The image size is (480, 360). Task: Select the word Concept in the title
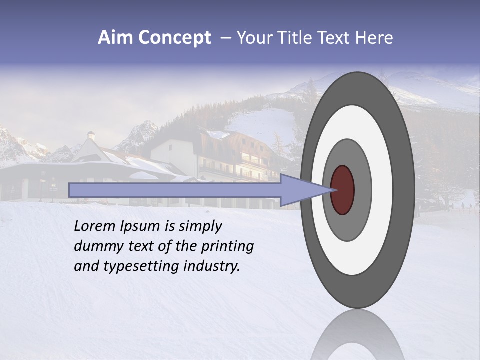tap(175, 38)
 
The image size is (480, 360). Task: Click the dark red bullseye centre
tap(342, 190)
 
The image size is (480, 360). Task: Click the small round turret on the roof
tap(91, 135)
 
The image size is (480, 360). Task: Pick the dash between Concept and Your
tap(225, 38)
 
